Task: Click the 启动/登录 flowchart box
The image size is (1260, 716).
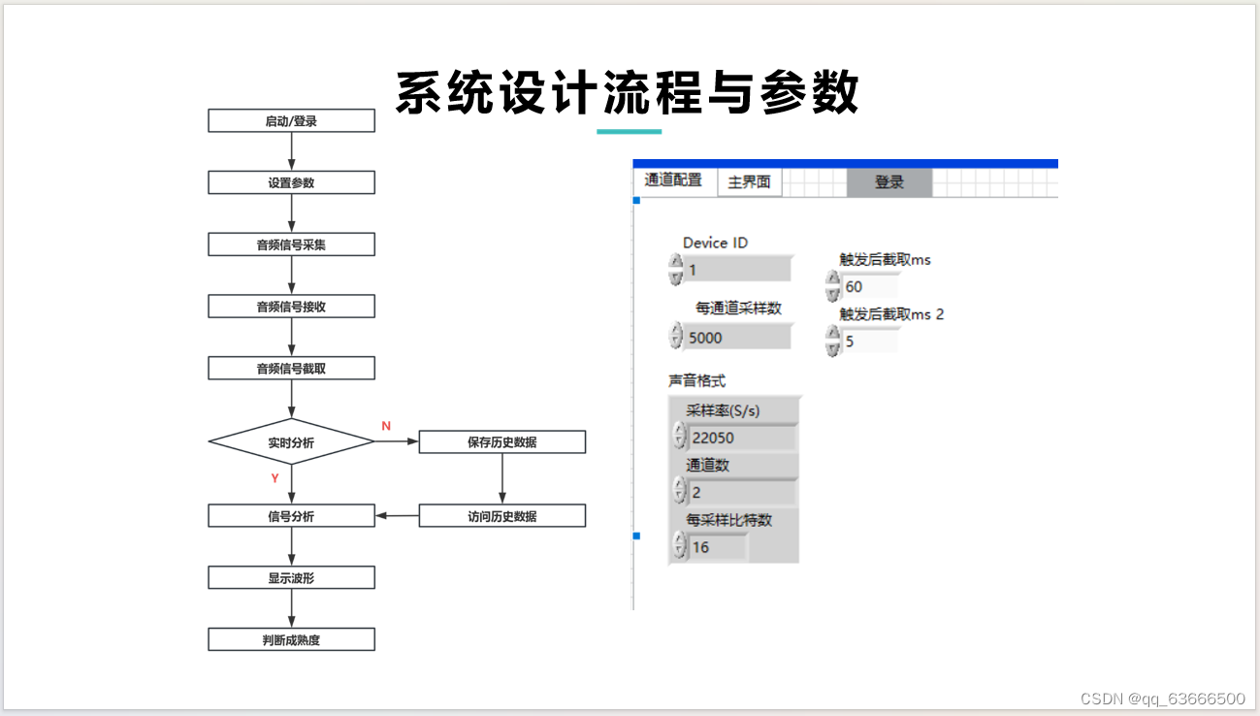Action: click(291, 121)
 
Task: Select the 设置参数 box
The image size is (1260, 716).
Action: click(291, 182)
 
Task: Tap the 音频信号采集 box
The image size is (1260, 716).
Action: click(291, 244)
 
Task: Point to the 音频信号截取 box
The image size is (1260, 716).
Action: click(291, 369)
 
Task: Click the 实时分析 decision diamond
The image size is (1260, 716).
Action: click(291, 442)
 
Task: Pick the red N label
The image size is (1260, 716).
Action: click(386, 426)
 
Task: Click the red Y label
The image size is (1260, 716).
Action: click(275, 478)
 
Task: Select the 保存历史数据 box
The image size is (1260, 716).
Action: click(501, 442)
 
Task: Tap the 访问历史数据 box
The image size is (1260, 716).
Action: click(501, 516)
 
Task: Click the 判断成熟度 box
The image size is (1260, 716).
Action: click(291, 640)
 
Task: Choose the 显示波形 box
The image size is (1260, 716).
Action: click(291, 578)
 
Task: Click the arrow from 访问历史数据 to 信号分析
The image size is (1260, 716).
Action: click(397, 516)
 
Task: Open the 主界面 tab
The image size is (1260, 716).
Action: click(749, 182)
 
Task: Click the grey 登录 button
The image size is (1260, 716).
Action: click(888, 182)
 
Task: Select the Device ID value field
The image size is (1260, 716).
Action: click(737, 270)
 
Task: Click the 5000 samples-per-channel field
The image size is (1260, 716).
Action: click(737, 338)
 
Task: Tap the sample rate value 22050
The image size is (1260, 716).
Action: click(741, 438)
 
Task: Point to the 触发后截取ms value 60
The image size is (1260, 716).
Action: click(869, 286)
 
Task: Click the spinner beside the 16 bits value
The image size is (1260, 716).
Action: click(677, 547)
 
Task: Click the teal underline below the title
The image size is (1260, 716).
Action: click(629, 131)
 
